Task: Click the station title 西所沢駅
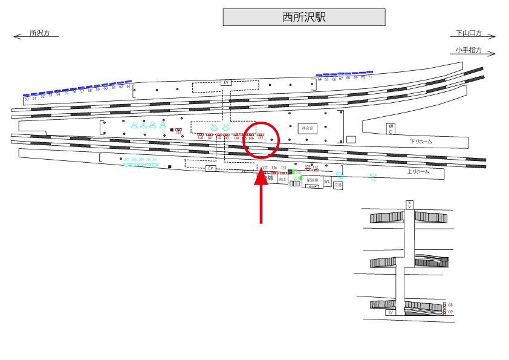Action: click(x=304, y=18)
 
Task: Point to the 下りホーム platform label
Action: click(x=421, y=141)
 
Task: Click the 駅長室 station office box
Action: click(x=313, y=180)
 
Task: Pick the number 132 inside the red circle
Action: click(x=261, y=138)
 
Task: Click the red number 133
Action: click(x=178, y=133)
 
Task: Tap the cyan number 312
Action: click(x=373, y=180)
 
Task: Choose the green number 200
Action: click(x=297, y=173)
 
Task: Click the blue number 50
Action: click(x=26, y=99)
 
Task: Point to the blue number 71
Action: click(x=370, y=77)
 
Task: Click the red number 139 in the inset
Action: click(x=450, y=312)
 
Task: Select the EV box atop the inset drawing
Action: click(x=409, y=205)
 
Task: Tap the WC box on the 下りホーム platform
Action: click(x=391, y=129)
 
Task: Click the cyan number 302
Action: click(x=134, y=123)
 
